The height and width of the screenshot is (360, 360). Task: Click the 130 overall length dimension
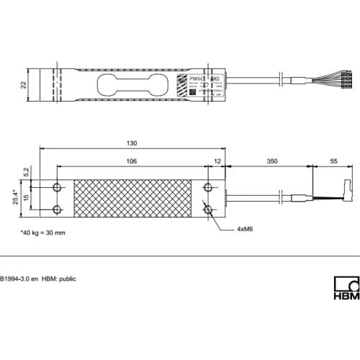132,143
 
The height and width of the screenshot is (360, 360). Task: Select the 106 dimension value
131,162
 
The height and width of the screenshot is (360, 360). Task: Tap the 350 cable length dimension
272,162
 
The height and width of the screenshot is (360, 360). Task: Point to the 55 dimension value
333,162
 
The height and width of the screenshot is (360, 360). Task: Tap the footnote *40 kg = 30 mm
42,234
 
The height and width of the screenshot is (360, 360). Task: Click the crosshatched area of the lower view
132,198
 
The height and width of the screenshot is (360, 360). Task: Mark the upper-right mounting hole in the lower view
208,187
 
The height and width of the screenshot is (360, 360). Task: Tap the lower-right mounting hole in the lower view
208,210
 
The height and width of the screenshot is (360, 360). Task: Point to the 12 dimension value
217,162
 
